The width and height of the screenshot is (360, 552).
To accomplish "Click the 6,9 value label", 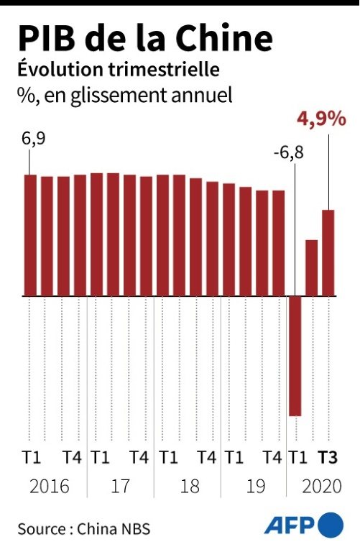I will (x=32, y=140).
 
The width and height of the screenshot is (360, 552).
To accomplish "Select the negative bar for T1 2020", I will (x=295, y=356).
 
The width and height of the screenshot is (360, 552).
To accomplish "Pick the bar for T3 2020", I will (x=328, y=252).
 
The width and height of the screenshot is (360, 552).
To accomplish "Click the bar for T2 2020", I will (x=312, y=267).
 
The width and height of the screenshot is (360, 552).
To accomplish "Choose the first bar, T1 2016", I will (x=30, y=235).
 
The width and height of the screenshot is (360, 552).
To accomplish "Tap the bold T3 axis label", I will (x=328, y=457).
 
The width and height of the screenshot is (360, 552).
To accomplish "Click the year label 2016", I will (x=49, y=487).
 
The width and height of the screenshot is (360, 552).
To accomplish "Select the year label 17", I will (x=121, y=487).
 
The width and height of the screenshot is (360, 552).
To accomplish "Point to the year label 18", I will (x=189, y=487).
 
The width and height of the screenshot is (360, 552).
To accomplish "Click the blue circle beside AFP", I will (x=331, y=526).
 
